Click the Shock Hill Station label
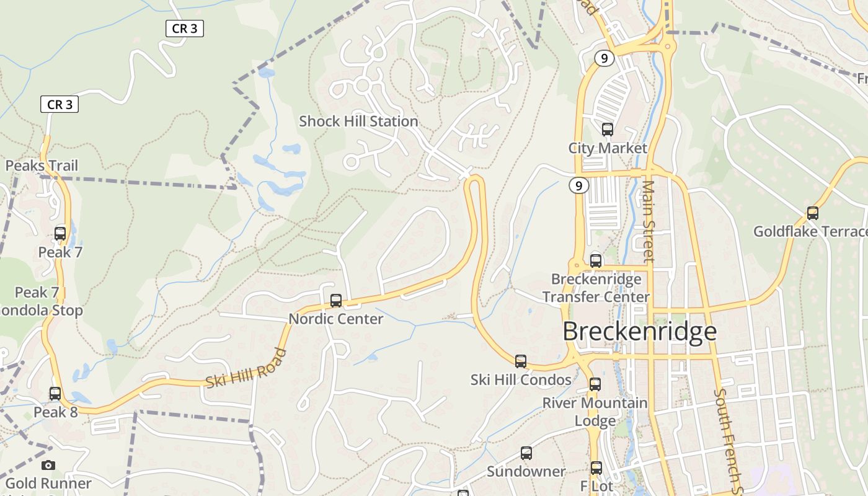(x=358, y=122)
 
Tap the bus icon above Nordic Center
(x=336, y=301)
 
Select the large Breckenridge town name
(x=639, y=332)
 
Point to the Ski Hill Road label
(x=246, y=368)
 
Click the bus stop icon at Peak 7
(x=60, y=234)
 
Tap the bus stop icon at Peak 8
(x=55, y=394)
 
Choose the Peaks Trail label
(x=42, y=166)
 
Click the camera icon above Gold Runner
(x=48, y=465)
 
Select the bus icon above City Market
(x=608, y=130)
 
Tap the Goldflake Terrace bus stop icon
(x=812, y=213)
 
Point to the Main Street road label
(x=648, y=221)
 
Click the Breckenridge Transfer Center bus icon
(x=596, y=261)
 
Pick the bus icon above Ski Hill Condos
(x=521, y=361)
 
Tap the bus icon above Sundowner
(x=526, y=453)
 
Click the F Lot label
(x=596, y=486)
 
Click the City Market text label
(x=608, y=148)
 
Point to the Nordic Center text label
(x=336, y=319)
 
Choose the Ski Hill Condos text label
(x=521, y=379)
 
